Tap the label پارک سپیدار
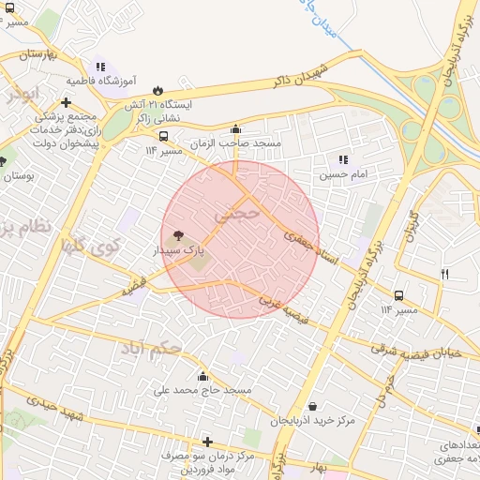179,251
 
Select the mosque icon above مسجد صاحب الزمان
235,130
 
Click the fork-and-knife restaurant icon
444,274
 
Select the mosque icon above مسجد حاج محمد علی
202,376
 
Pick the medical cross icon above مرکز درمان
207,441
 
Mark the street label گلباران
409,223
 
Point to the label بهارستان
37,56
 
